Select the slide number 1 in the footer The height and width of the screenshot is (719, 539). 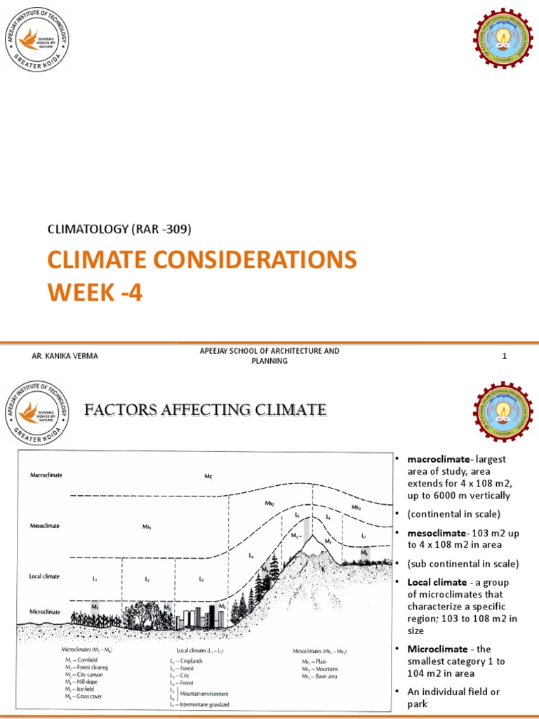(x=504, y=356)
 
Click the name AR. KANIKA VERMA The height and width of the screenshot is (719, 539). (x=65, y=356)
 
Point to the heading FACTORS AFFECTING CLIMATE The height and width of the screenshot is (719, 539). (x=206, y=409)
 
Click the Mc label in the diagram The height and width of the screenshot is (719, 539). (x=208, y=477)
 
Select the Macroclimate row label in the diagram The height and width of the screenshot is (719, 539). (x=46, y=475)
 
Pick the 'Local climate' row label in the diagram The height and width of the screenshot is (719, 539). (x=46, y=576)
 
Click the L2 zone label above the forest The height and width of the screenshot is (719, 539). (x=147, y=579)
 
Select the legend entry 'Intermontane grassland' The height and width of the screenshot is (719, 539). (x=204, y=704)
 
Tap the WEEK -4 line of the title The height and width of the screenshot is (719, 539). (x=94, y=291)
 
